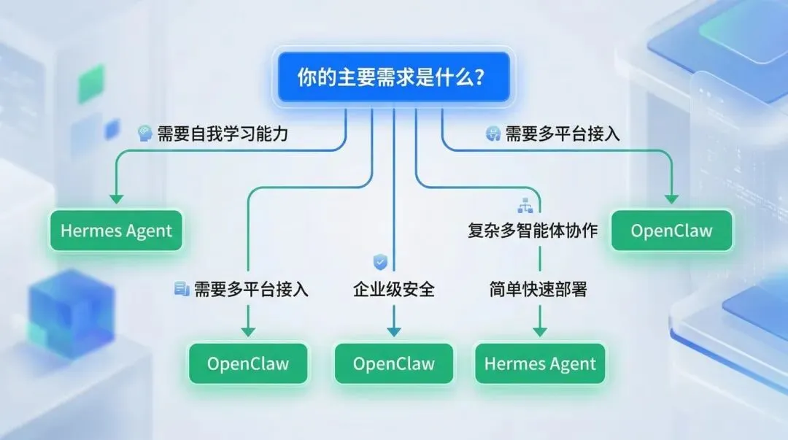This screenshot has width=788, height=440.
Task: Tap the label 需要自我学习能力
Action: [x=228, y=134]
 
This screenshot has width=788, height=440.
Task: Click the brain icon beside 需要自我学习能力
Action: [x=144, y=134]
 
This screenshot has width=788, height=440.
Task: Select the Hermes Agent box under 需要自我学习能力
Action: [x=116, y=231]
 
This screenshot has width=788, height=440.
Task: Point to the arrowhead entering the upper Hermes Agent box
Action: [x=116, y=198]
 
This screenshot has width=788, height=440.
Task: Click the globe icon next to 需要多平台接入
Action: [x=492, y=134]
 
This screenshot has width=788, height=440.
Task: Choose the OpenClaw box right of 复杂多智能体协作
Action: [x=671, y=231]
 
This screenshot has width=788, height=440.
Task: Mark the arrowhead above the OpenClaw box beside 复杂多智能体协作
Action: [x=671, y=198]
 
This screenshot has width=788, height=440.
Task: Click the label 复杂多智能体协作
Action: [x=533, y=231]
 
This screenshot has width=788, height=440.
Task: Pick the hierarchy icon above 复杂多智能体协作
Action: [x=525, y=207]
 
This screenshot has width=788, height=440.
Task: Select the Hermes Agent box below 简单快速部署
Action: [x=540, y=364]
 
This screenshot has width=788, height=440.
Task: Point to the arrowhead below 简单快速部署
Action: [x=540, y=331]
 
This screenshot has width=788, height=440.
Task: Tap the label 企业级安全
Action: [x=394, y=289]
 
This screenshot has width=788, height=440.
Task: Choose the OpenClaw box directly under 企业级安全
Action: [x=394, y=364]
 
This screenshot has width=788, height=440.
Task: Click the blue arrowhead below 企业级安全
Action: [x=394, y=331]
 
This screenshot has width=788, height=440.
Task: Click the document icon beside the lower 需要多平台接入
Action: [x=181, y=289]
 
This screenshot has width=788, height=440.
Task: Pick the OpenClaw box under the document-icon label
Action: [x=248, y=364]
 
